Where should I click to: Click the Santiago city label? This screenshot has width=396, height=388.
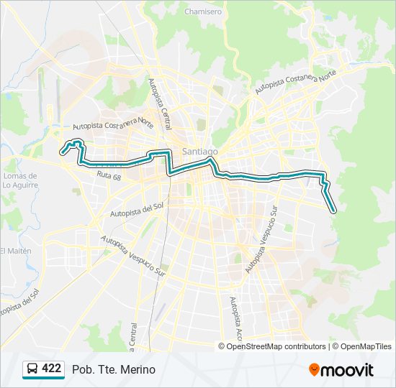click(x=199, y=152)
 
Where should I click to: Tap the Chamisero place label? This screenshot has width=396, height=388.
click(x=202, y=12)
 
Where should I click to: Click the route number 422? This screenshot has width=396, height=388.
click(x=51, y=369)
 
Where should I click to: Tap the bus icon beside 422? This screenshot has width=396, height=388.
click(x=32, y=369)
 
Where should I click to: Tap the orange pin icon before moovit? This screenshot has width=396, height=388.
click(x=314, y=370)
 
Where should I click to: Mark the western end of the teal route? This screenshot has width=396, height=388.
click(x=62, y=152)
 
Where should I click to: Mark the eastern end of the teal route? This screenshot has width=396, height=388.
click(x=335, y=211)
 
